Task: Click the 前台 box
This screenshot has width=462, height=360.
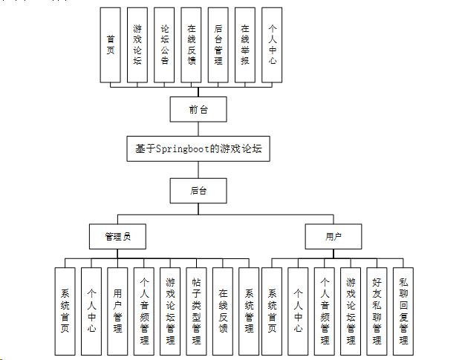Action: [x=198, y=109]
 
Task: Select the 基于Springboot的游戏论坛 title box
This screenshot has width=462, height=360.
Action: [x=198, y=148]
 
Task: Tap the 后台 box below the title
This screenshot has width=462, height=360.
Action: [x=198, y=191]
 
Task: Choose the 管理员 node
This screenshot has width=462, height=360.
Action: [x=117, y=236]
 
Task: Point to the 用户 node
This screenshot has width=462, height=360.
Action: [x=333, y=236]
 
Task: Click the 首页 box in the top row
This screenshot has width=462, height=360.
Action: [x=110, y=45]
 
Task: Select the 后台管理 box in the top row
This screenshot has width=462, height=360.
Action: [x=218, y=45]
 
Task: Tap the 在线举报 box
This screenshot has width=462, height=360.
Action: [x=245, y=45]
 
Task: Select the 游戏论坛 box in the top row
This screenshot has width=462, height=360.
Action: [x=137, y=45]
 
